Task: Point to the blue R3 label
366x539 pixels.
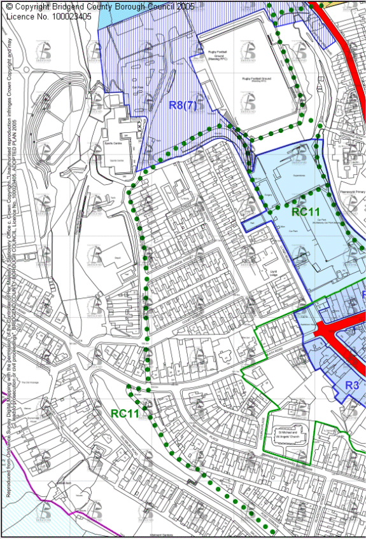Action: pos(353,385)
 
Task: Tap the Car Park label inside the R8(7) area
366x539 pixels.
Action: pos(134,88)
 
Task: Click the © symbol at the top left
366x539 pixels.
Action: pos(9,6)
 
